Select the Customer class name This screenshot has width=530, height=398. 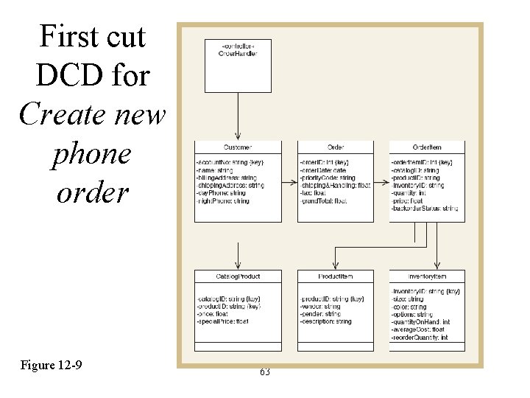[237, 147]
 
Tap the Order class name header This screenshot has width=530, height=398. [335, 147]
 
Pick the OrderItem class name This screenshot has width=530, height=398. [427, 147]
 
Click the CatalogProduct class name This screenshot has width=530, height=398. [237, 276]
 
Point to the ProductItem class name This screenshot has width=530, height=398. [335, 276]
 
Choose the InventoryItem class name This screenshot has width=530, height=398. [427, 276]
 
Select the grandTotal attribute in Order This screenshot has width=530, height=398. [323, 200]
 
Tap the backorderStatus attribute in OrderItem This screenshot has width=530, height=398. [425, 209]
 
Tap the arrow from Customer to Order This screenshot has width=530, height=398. [289, 181]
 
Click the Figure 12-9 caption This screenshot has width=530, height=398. [52, 365]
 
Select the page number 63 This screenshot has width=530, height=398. [265, 372]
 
